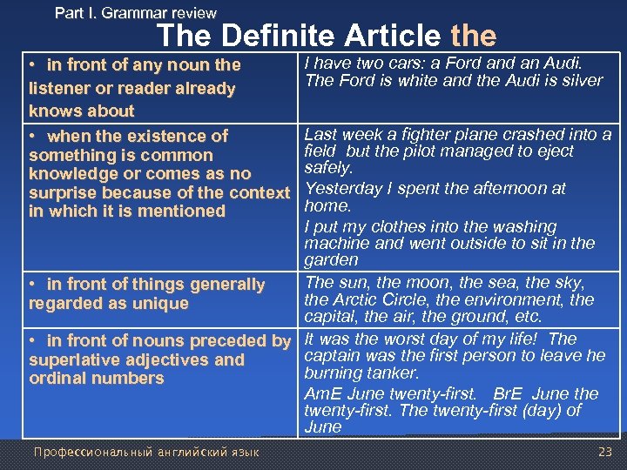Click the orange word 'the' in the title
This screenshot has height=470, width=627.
coord(474,36)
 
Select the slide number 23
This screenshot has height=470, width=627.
coord(605,451)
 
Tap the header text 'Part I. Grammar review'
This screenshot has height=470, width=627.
coord(136,12)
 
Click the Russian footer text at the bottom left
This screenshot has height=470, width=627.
coord(147,451)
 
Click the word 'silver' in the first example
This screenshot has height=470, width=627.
coord(582,80)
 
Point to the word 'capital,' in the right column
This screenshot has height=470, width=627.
coord(334,317)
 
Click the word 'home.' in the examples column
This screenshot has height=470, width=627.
coord(327,205)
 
